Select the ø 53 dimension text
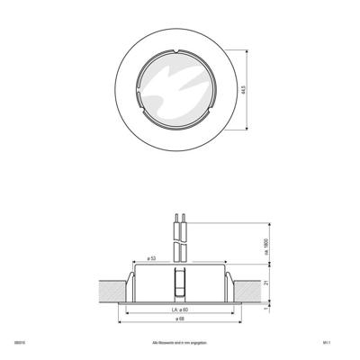click(151, 259)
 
